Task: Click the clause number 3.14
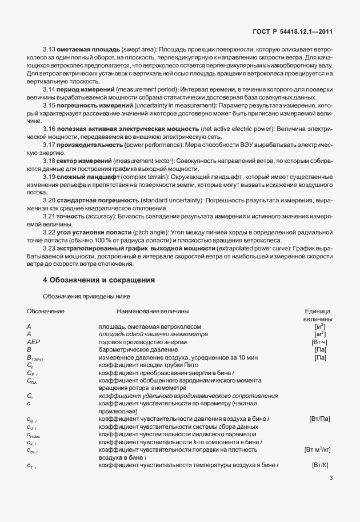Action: [49, 90]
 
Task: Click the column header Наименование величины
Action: [153, 311]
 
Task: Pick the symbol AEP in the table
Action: [33, 341]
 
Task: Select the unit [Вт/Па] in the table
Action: [319, 419]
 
